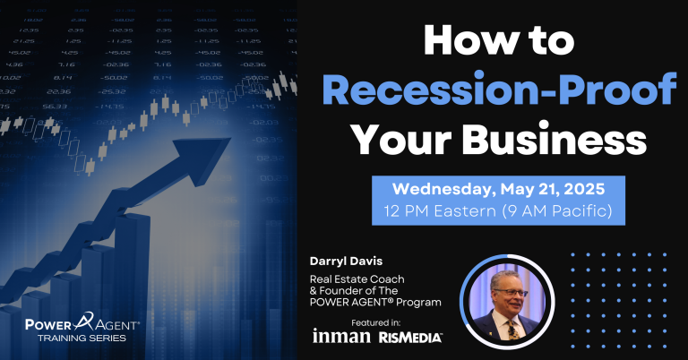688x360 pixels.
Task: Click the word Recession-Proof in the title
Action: (x=499, y=89)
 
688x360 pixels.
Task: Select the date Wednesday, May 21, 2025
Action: (x=498, y=189)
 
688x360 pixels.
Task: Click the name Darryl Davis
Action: (x=346, y=261)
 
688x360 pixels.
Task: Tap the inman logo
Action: (x=341, y=336)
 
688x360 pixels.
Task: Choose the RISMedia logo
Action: (x=410, y=338)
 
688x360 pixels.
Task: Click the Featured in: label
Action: (x=376, y=323)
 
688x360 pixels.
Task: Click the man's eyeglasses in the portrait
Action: (x=515, y=293)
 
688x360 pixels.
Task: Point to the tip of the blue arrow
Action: (x=230, y=139)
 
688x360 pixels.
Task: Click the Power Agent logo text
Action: (x=82, y=323)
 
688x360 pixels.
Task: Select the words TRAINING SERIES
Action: (x=82, y=339)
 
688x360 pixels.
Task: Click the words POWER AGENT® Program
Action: (x=375, y=302)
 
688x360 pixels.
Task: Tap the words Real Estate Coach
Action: (x=357, y=279)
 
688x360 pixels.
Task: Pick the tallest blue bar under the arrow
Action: (x=132, y=285)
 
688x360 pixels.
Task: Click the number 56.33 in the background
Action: (x=55, y=107)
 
